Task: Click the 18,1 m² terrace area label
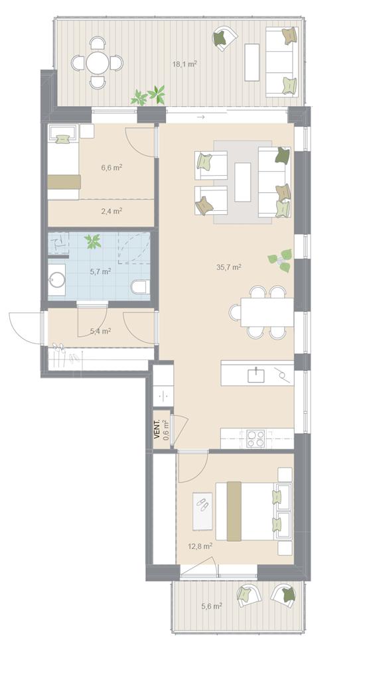[185, 64]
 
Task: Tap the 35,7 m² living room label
[228, 267]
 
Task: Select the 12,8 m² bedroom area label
[200, 546]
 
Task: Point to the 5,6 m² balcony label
[212, 606]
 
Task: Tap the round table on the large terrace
[98, 63]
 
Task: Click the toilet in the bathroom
[141, 286]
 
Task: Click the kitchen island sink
[256, 375]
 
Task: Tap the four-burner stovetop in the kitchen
[256, 438]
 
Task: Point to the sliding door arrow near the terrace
[200, 117]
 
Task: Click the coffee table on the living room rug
[243, 182]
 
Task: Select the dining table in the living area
[267, 312]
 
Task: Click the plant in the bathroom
[93, 241]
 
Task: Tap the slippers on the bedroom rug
[202, 503]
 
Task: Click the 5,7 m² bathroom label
[100, 272]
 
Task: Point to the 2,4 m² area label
[111, 212]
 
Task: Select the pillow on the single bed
[63, 139]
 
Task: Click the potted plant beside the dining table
[280, 260]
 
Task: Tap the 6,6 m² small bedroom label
[111, 168]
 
